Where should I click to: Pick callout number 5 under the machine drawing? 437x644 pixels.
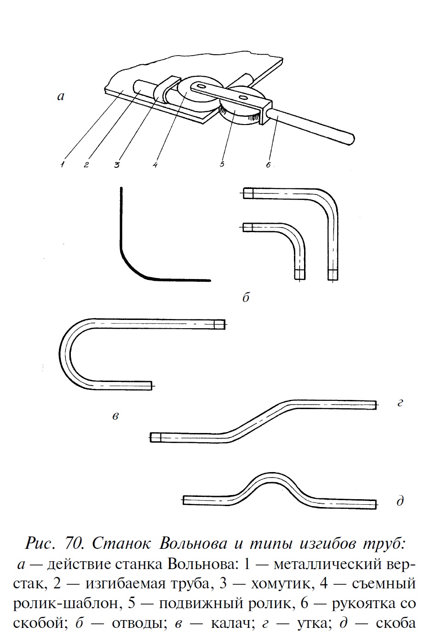pos(222,164)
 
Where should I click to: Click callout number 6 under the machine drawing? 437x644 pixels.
pos(268,164)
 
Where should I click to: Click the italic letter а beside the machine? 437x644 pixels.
pos(60,97)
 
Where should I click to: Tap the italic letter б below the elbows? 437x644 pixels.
pos(246,298)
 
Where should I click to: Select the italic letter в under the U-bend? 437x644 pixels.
pos(116,416)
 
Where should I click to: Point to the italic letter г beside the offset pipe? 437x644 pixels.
pos(400,403)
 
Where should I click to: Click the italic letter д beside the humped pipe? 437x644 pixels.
pos(400,501)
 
